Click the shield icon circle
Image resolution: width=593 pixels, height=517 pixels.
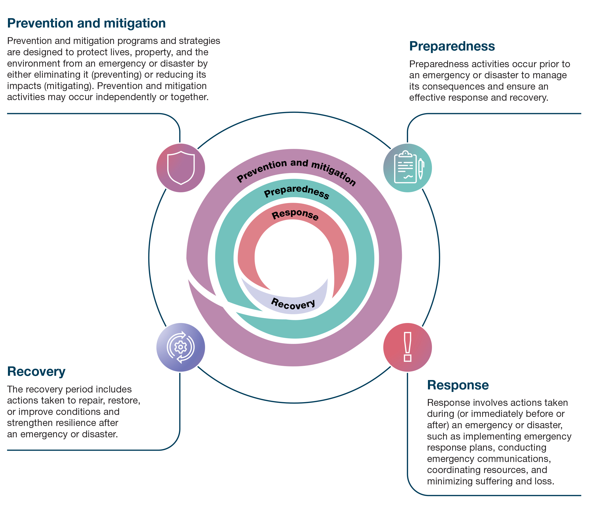pos(181,168)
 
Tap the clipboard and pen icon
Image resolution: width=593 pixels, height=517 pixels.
pos(408,168)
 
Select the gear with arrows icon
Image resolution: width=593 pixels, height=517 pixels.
pos(181,347)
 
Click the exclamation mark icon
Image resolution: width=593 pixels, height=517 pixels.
pos(408,347)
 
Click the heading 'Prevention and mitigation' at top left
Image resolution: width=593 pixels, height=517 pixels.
pos(86,23)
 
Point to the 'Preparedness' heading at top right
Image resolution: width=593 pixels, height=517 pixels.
pos(452,47)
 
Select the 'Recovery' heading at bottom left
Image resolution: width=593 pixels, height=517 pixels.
pos(36,371)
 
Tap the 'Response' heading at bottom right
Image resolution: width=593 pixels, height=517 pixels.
pos(458,385)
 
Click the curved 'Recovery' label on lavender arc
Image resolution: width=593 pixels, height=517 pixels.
pos(293,304)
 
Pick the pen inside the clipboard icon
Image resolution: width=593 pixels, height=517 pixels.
pos(421,169)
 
